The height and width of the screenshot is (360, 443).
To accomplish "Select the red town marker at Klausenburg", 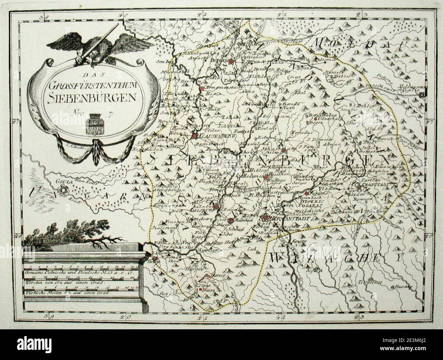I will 194,136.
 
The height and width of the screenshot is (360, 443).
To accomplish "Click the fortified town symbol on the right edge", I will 423,95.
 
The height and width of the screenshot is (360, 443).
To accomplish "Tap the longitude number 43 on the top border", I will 363,15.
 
